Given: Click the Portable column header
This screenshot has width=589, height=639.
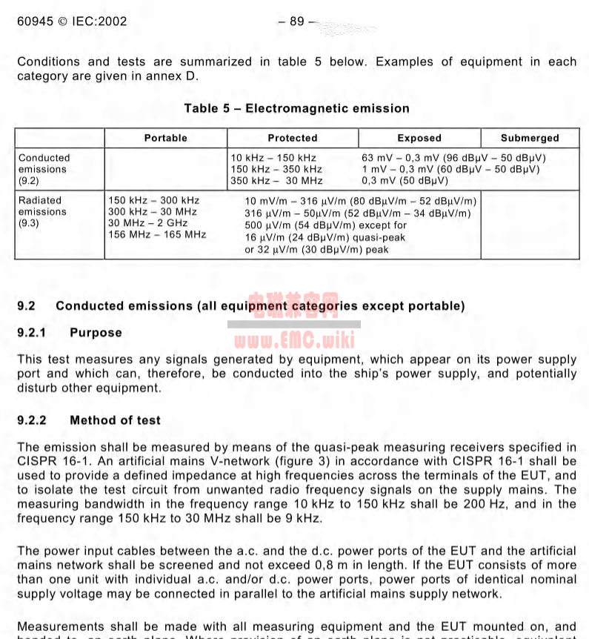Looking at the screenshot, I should (x=166, y=138).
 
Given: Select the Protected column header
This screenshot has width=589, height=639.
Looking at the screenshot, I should (x=293, y=138).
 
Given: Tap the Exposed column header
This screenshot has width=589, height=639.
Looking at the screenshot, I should (x=419, y=138).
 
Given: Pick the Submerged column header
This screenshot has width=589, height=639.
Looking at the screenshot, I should (x=530, y=138).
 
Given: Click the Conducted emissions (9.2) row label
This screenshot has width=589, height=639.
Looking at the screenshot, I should (x=44, y=169).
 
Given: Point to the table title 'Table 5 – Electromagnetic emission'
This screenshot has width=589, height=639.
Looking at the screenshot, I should (x=296, y=108).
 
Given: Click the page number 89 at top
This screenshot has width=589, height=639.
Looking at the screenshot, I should (x=296, y=21).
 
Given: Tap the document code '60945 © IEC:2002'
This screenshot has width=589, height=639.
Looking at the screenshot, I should (x=72, y=21).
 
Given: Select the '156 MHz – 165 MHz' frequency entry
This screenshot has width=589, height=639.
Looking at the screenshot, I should (x=157, y=235).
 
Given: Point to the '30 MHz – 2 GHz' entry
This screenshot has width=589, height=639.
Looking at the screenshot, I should (x=147, y=223).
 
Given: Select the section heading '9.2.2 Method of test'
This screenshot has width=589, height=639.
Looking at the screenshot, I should (x=89, y=420).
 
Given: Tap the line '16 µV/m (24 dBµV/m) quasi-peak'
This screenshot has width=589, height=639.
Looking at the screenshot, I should (x=325, y=237).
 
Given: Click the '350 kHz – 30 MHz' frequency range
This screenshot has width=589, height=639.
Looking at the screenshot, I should (x=276, y=180).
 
